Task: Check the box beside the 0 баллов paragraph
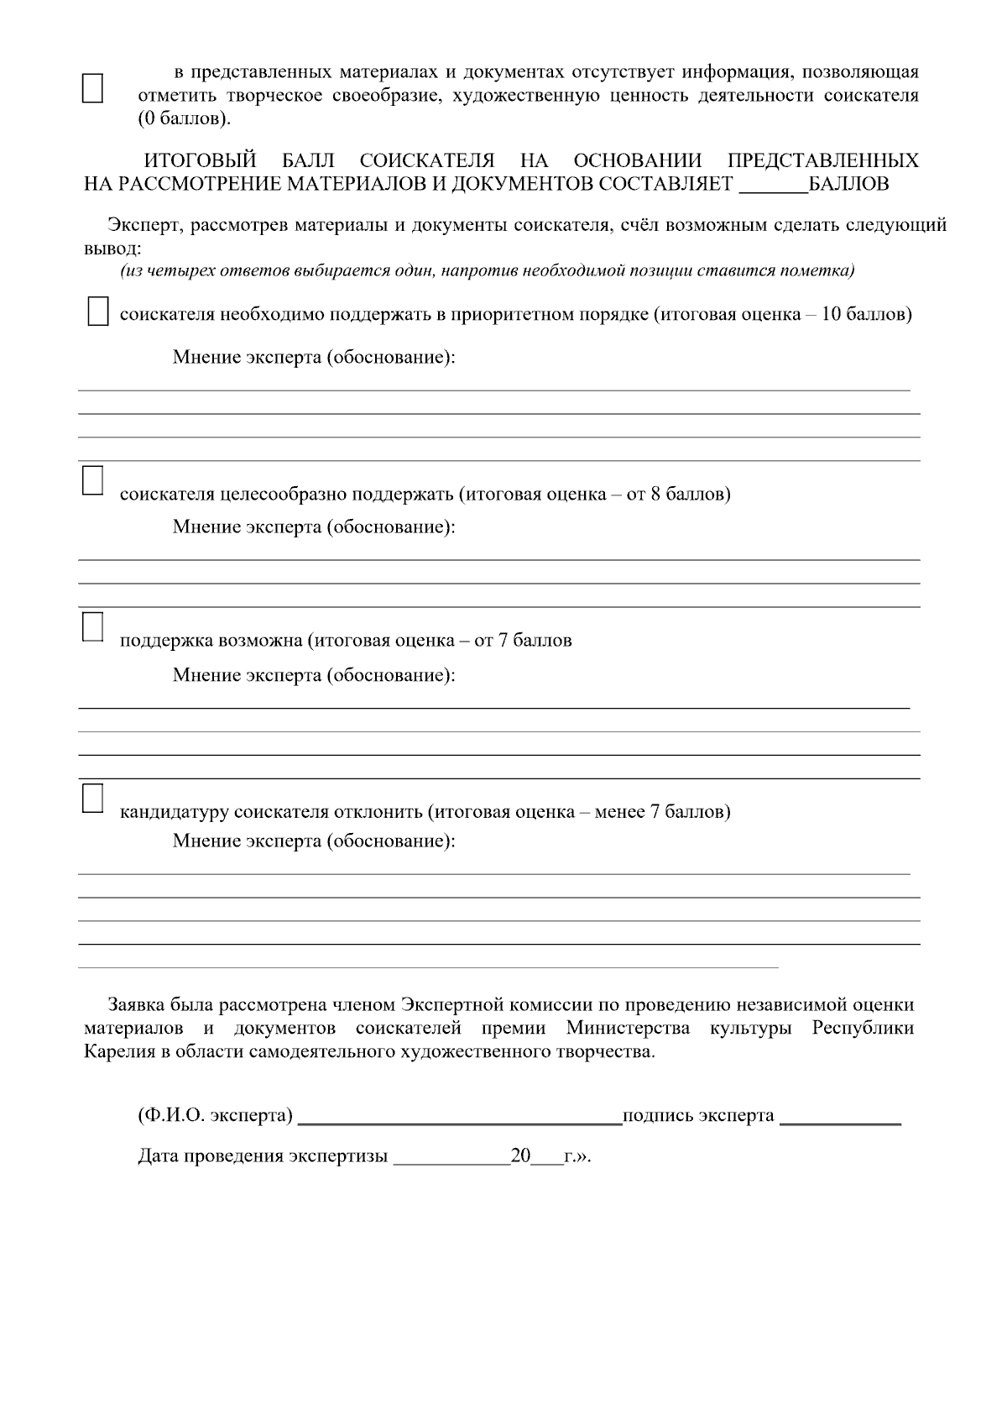(91, 87)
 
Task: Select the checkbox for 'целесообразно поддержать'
(91, 479)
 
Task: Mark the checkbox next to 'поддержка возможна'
(91, 626)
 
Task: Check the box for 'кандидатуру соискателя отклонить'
(91, 798)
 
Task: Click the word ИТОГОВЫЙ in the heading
(200, 160)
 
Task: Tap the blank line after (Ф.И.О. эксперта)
(459, 1116)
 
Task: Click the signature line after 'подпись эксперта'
(839, 1116)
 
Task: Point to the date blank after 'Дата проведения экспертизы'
(451, 1156)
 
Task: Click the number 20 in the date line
(520, 1156)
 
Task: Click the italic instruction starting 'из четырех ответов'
(487, 270)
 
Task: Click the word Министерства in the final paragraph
(628, 1029)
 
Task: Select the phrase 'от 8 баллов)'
(678, 494)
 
